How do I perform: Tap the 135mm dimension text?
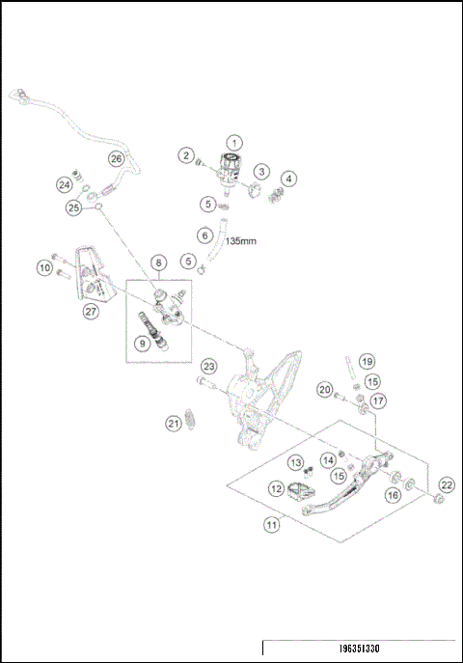pyautogui.click(x=240, y=243)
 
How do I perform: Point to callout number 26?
pyautogui.click(x=116, y=158)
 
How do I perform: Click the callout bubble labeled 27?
pyautogui.click(x=91, y=311)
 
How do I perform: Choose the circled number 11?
pyautogui.click(x=273, y=524)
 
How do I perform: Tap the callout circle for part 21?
pyautogui.click(x=174, y=423)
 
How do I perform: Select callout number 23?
pyautogui.click(x=208, y=367)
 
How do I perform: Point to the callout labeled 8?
pyautogui.click(x=158, y=262)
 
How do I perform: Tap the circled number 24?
pyautogui.click(x=65, y=183)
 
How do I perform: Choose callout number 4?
pyautogui.click(x=288, y=179)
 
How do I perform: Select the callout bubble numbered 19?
pyautogui.click(x=366, y=361)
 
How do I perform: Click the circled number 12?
pyautogui.click(x=277, y=489)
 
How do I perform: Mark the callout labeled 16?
pyautogui.click(x=393, y=494)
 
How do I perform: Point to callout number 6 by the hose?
pyautogui.click(x=204, y=234)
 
